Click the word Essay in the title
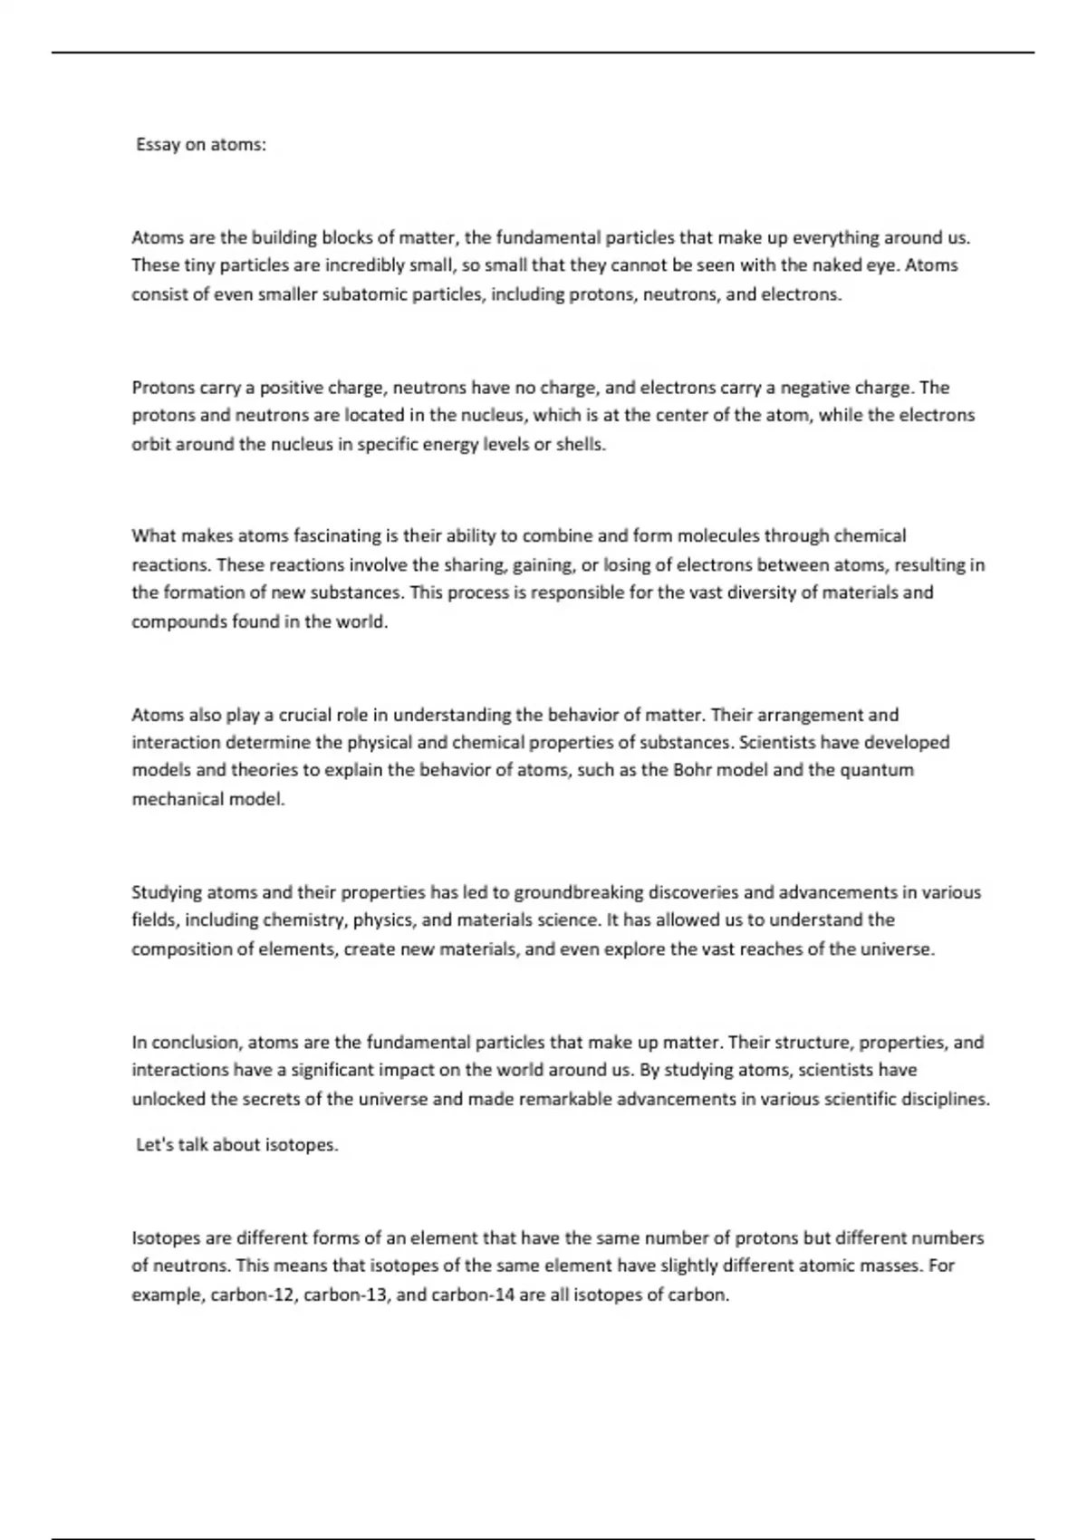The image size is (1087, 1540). point(158,145)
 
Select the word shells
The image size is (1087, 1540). point(580,445)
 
